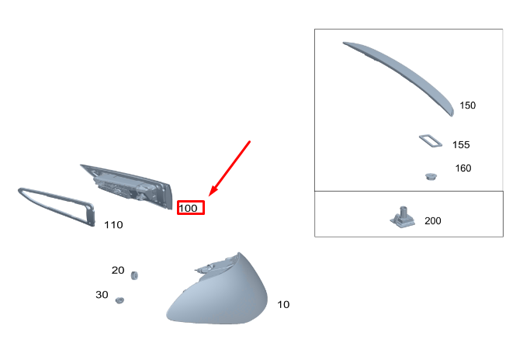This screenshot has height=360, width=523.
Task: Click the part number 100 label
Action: (188, 209)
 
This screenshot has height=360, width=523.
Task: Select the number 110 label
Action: (113, 225)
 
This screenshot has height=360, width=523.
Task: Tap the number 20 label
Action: (118, 270)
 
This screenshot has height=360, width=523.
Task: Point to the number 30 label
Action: (102, 295)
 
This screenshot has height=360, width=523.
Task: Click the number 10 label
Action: (283, 305)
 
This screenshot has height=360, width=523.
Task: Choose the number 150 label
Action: (468, 106)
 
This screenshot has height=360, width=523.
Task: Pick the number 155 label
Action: (461, 145)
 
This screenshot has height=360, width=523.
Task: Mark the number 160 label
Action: (463, 168)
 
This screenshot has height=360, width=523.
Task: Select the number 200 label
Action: (433, 221)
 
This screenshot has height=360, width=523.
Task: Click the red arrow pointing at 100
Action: (230, 168)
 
